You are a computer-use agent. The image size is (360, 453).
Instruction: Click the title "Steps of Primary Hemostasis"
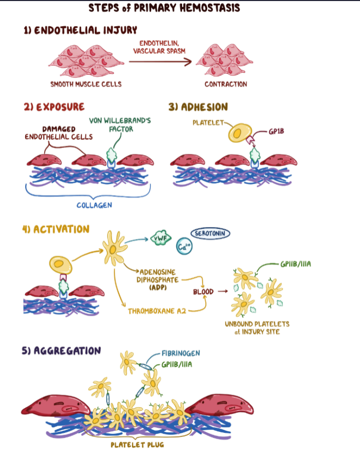164,8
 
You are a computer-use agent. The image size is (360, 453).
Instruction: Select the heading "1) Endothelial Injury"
80,30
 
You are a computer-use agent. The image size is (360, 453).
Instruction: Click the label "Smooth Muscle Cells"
86,84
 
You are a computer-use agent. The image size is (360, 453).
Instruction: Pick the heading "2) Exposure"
54,107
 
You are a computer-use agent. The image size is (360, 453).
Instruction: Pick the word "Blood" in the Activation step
203,292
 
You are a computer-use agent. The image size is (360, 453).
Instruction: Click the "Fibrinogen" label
181,353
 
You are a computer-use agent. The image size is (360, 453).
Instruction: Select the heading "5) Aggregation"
61,351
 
